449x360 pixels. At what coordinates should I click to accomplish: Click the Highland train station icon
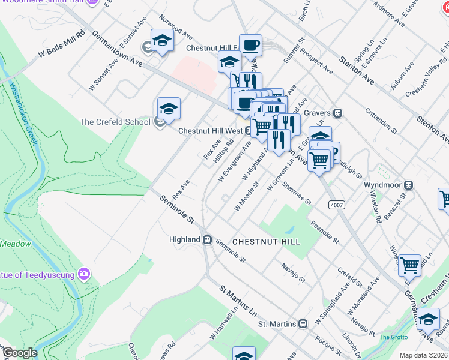click(x=207, y=239)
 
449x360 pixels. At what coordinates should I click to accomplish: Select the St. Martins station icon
click(x=303, y=324)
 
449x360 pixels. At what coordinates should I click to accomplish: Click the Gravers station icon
click(x=338, y=112)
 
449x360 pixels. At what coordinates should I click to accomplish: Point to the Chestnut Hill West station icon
click(x=247, y=130)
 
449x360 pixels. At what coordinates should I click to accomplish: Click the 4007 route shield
click(x=337, y=205)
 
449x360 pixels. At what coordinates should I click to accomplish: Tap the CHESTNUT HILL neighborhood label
click(x=265, y=241)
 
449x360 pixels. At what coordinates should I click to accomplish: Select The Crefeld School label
click(x=115, y=122)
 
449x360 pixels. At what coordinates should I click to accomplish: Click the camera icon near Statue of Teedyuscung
click(x=84, y=275)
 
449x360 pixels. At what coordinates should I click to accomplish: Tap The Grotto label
click(x=393, y=337)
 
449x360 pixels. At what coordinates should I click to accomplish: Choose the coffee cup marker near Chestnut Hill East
click(x=250, y=45)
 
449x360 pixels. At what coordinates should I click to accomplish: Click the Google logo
click(x=19, y=353)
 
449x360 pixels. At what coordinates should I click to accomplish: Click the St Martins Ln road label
click(x=238, y=301)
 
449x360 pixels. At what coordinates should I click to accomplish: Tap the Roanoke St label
click(x=324, y=233)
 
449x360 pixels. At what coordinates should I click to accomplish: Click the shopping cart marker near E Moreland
click(x=409, y=264)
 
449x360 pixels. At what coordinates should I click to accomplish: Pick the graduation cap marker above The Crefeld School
click(x=169, y=109)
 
